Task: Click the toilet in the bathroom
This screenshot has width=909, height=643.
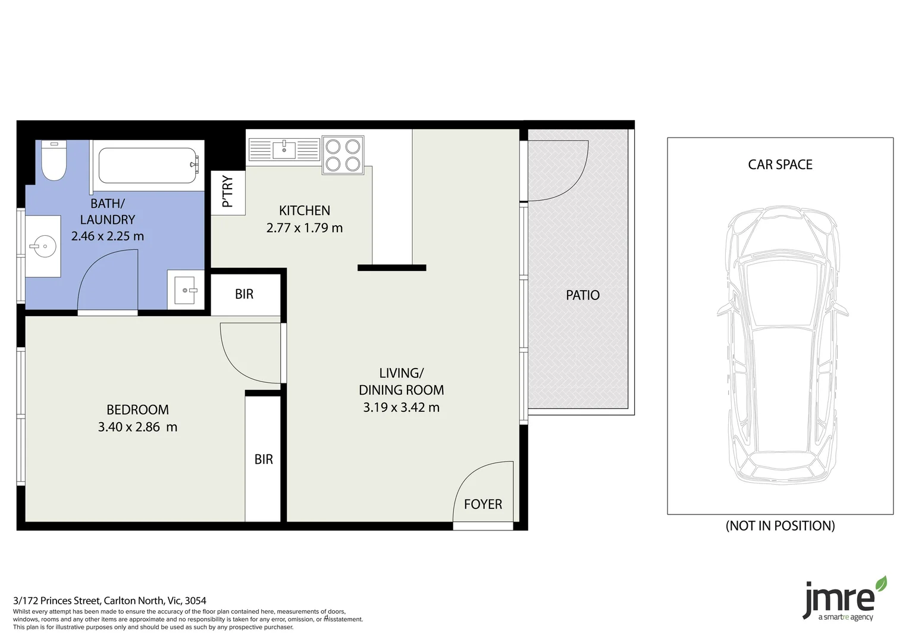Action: coord(54,161)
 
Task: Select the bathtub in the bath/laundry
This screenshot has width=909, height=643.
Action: coord(148,166)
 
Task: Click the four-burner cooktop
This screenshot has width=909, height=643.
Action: coord(343,155)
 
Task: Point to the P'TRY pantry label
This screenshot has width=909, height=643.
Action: coord(227,192)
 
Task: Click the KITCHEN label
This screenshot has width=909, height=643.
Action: coord(304,211)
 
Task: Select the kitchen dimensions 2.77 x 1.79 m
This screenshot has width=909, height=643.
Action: coord(304,228)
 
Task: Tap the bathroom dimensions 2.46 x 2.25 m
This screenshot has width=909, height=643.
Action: coord(108,236)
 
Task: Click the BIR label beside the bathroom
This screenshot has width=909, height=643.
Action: coord(244,294)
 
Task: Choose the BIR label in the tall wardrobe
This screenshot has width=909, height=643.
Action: coord(264,460)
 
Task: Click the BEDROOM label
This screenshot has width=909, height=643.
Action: coord(137,410)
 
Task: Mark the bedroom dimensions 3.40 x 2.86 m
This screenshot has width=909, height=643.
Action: coord(137,427)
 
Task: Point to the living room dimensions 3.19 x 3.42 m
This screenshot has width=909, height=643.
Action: coord(401,408)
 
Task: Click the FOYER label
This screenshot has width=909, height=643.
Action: coord(482,505)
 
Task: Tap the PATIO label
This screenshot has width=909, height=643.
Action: coord(582,295)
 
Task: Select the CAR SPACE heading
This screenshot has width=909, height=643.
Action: coord(780,165)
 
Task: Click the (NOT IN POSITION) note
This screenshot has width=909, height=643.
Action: coord(780,526)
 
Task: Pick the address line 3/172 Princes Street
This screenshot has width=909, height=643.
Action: coord(109,601)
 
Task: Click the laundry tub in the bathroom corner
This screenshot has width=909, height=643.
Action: coord(186,291)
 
